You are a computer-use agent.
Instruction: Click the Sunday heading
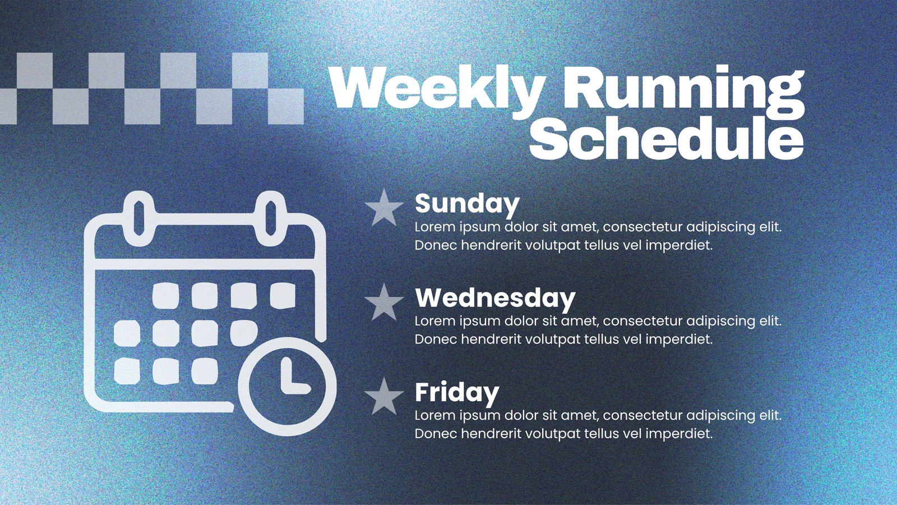tap(467, 204)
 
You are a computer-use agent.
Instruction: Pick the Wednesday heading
tap(496, 298)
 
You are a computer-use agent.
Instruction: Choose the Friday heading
tap(457, 393)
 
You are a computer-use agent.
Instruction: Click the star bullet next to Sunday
tap(384, 208)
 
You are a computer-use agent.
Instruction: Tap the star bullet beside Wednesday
tap(384, 302)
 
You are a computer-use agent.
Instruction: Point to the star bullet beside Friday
tap(384, 397)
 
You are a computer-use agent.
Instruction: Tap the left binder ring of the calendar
tap(139, 218)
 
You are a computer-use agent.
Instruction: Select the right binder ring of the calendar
tap(271, 218)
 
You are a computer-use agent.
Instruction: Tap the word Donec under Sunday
tap(436, 245)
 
